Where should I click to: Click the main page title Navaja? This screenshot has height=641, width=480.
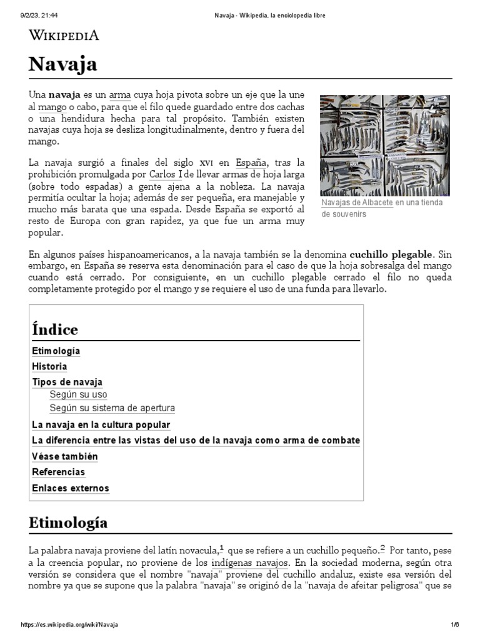[x=62, y=64]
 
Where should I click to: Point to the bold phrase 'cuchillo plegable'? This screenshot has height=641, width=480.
[x=391, y=254]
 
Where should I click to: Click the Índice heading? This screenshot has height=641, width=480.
[x=55, y=329]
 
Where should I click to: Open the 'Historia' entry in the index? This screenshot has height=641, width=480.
[x=49, y=367]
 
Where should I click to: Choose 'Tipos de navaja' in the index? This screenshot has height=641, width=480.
[x=67, y=382]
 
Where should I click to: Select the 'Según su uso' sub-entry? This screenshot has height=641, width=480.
[x=78, y=395]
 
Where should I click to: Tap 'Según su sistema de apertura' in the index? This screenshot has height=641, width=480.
[x=112, y=408]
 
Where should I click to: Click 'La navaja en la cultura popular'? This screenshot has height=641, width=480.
[x=101, y=424]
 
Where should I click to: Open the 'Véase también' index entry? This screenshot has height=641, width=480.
[x=65, y=456]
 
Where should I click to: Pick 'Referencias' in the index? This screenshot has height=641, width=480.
[x=59, y=473]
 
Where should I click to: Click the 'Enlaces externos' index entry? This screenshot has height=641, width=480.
[x=71, y=488]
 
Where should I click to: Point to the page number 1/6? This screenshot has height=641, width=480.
[x=455, y=625]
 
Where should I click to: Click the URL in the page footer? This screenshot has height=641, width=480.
[x=70, y=625]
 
